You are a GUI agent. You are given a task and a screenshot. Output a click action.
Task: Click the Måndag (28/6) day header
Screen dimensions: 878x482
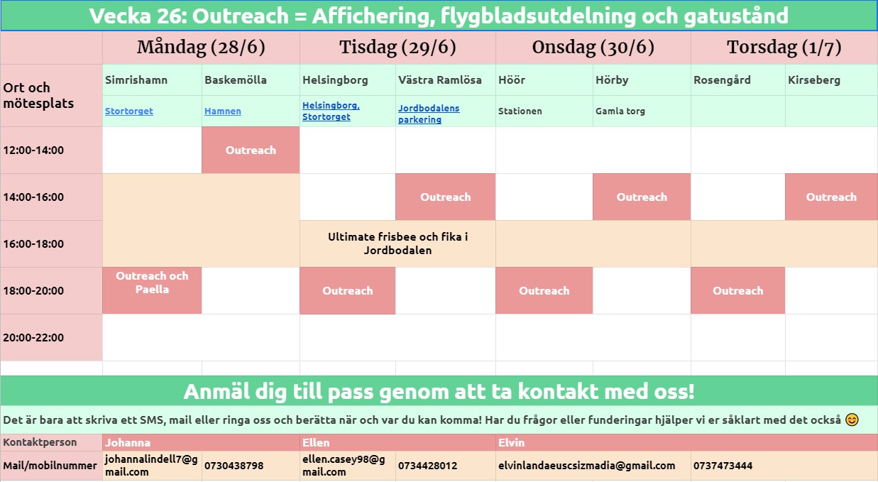point(201,48)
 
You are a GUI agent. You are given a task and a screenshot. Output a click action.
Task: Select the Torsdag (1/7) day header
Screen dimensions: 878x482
point(784,48)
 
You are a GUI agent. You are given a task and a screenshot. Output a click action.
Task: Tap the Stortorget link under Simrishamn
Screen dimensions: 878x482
point(129,111)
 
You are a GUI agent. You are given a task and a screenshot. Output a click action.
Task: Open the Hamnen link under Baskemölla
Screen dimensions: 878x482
point(223,111)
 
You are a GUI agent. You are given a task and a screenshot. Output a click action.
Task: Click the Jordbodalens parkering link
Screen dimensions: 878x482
point(429,114)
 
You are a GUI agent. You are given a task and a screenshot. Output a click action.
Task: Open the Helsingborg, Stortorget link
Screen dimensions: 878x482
point(331,111)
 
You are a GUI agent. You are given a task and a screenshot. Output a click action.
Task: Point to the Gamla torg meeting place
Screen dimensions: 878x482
point(620,111)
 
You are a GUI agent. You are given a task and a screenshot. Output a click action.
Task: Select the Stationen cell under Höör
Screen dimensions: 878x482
point(520,111)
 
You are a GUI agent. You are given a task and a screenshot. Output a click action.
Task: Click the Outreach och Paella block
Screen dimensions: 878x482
point(152,290)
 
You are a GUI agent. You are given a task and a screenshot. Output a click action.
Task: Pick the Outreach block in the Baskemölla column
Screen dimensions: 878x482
point(251,150)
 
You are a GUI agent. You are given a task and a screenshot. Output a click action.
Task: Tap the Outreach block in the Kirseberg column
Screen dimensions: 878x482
point(831,197)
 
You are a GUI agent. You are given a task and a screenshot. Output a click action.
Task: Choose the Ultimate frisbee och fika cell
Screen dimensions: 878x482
point(398,243)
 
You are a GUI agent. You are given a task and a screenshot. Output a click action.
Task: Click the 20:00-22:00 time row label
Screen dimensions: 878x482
point(33,337)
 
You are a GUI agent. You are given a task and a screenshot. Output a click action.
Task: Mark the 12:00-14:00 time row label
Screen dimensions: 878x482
point(33,150)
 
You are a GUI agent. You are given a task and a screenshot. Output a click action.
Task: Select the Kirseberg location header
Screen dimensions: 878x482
point(814,80)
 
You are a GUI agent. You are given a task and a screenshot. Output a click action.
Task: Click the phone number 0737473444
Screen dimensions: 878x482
point(723,466)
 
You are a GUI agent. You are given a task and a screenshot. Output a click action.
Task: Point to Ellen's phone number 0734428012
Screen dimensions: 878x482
point(427,466)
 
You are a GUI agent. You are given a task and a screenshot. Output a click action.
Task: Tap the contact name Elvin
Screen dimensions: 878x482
point(511,442)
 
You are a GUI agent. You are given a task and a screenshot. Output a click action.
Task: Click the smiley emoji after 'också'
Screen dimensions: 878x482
point(852,420)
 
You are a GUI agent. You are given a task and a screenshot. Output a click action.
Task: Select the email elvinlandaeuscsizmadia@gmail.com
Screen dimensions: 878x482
point(587,466)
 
